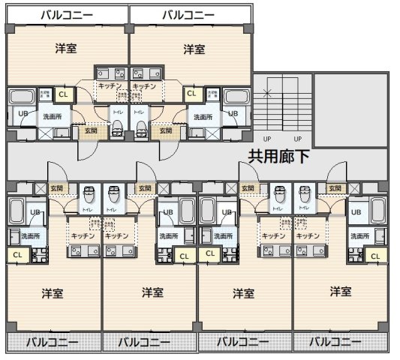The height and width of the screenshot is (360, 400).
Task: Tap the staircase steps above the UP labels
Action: pos(282,104)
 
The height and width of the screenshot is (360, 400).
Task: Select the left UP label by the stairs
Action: pos(267,139)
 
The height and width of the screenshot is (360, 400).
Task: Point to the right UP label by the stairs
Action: pos(297,139)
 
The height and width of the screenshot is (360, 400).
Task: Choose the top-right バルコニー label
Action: pos(189,15)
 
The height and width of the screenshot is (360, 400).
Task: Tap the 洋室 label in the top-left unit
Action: pos(66,49)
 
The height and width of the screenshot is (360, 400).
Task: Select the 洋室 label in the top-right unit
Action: pos(194,49)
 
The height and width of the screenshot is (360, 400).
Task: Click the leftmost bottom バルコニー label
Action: pos(53,342)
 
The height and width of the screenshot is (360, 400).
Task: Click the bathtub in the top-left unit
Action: pos(20,97)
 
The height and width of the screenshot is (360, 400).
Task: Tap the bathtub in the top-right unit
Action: pos(237,97)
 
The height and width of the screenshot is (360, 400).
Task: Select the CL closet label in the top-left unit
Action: pos(63,94)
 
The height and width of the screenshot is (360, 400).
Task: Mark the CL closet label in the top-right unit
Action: pos(191,94)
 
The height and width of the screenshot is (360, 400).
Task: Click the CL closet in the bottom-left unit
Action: pos(17,255)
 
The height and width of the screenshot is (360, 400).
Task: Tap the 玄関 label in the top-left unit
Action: pos(90,130)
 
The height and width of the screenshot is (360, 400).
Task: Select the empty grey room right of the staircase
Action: pos(350,110)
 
